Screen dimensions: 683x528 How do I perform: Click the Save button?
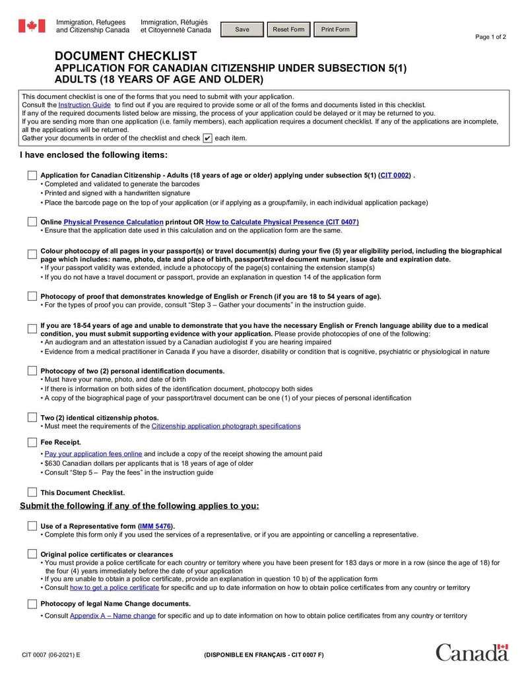point(242,30)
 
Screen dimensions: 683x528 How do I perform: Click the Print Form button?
point(335,30)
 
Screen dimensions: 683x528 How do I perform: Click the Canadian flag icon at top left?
point(32,26)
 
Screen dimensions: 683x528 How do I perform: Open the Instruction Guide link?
point(84,105)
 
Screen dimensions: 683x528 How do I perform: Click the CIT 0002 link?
point(395,176)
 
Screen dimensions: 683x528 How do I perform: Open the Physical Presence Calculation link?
point(114,222)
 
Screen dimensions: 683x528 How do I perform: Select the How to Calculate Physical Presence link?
point(282,222)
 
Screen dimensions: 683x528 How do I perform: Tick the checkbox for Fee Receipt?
point(32,442)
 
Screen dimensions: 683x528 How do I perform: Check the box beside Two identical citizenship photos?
point(32,418)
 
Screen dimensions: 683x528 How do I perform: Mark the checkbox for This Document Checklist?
point(32,492)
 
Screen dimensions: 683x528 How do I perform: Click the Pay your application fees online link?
point(93,454)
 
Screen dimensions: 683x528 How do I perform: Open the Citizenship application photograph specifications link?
point(226,426)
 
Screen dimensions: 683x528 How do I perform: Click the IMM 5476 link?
point(155,526)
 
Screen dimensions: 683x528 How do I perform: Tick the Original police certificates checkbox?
point(32,554)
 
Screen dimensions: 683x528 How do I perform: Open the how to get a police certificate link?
point(114,587)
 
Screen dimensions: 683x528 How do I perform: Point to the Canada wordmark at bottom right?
point(472,652)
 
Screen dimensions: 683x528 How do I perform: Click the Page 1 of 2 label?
point(490,37)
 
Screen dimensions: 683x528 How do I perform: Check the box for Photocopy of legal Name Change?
point(32,604)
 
